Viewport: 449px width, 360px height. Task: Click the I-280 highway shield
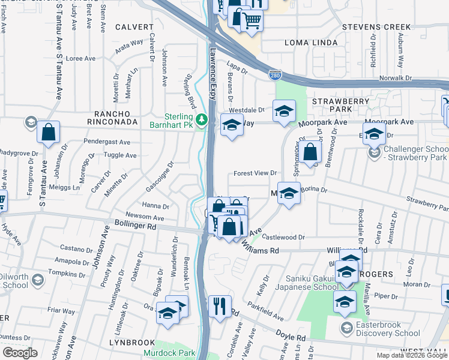coord(274,76)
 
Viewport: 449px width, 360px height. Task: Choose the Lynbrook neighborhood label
coord(132,342)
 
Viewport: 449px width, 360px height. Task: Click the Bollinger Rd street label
coord(135,227)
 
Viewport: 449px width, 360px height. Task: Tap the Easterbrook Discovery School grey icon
coord(346,328)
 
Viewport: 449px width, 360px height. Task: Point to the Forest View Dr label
coord(255,173)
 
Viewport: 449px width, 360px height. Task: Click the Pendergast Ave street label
coord(108,143)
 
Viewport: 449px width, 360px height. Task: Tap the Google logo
coord(20,353)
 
